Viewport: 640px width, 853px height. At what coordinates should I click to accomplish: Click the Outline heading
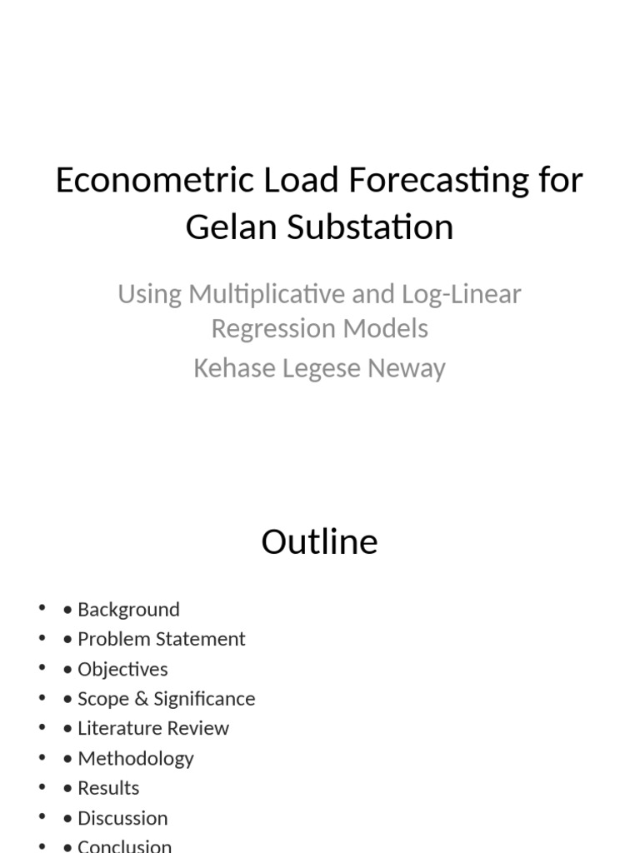[x=319, y=541]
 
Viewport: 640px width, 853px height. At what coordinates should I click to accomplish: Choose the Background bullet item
[x=128, y=610]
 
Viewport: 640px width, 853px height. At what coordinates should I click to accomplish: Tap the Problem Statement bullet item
[x=161, y=639]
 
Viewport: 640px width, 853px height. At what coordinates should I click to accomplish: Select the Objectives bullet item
[x=122, y=669]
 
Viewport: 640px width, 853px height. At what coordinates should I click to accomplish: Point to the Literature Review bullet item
[x=152, y=728]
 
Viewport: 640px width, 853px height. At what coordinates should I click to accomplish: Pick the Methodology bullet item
[x=135, y=758]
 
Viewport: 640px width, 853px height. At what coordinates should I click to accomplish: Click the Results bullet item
[x=108, y=787]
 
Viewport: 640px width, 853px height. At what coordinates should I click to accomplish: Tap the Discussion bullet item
[x=122, y=817]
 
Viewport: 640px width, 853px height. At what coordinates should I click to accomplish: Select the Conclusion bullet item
[x=124, y=846]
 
